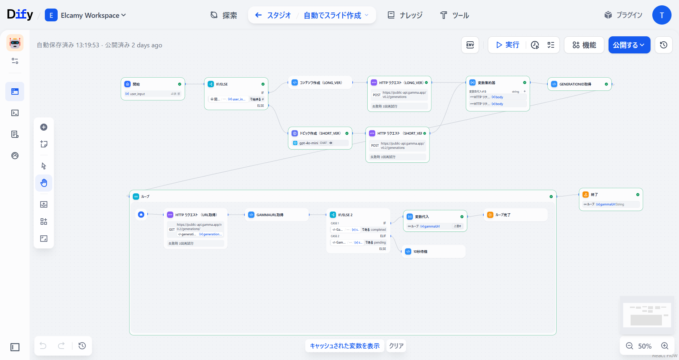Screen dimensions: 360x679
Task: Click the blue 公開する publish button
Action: [x=629, y=45]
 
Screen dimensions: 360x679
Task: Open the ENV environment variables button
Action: [x=470, y=45]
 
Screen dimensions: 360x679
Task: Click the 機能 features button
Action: [x=584, y=45]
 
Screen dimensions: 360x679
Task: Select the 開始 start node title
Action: [x=136, y=84]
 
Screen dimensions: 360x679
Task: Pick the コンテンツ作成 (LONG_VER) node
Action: [x=320, y=83]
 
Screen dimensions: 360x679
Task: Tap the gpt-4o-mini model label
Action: [x=309, y=143]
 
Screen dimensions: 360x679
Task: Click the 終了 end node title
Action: [x=594, y=195]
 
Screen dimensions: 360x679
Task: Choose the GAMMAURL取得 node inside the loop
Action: [x=270, y=215]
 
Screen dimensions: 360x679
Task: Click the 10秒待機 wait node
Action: [x=420, y=252]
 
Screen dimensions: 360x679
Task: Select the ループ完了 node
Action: [x=503, y=215]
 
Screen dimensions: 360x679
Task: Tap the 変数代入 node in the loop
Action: [x=422, y=217]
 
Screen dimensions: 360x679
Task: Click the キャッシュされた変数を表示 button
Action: [x=344, y=346]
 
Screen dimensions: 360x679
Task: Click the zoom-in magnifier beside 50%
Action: [x=664, y=346]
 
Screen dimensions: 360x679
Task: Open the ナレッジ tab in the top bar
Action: [x=405, y=15]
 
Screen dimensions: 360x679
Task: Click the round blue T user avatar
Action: [x=662, y=15]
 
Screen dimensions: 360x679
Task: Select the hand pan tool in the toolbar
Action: [x=44, y=183]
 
